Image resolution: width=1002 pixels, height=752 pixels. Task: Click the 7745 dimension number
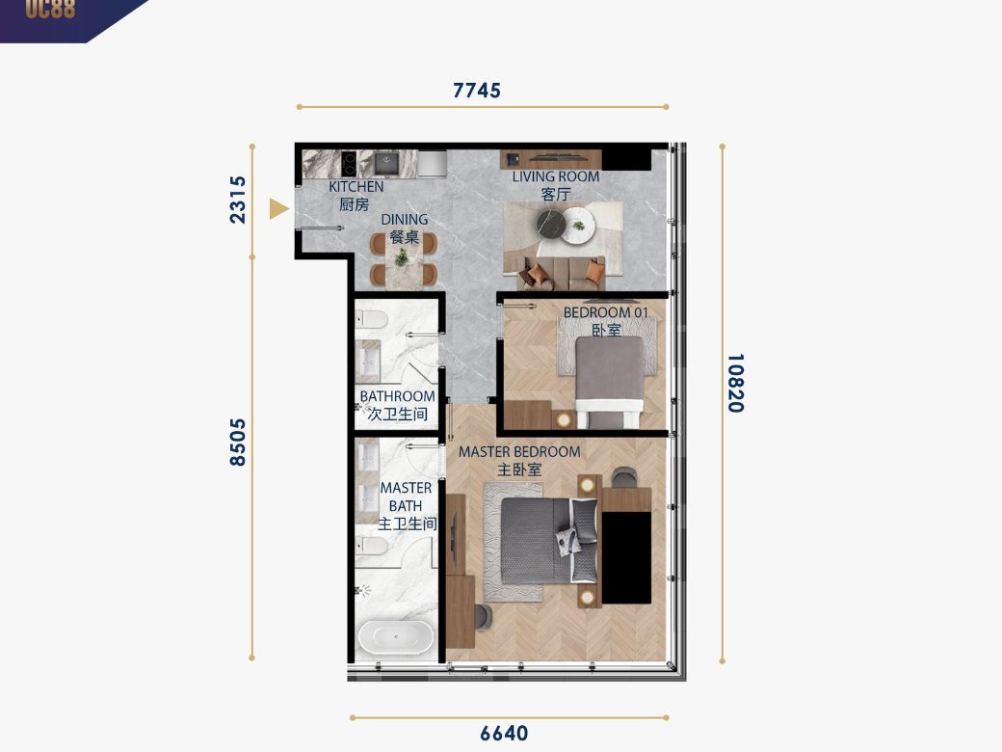coord(477,91)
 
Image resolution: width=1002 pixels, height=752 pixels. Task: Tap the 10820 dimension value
coord(735,383)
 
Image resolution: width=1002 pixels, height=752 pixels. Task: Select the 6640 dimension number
coord(504,733)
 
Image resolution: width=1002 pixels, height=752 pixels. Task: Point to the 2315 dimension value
coord(237,200)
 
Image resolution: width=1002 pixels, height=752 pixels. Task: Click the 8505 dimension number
coord(237,443)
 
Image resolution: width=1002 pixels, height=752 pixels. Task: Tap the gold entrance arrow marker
coord(278,208)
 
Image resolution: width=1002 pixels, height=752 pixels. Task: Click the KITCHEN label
coord(356,187)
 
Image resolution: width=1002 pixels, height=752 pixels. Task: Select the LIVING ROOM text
coord(556,176)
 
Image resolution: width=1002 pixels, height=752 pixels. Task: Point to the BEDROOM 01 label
coord(606,312)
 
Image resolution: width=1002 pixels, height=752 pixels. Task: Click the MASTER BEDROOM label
coord(519,451)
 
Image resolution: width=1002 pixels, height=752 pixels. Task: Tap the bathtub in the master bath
coord(396,636)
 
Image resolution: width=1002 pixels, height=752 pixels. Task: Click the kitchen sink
coord(386,164)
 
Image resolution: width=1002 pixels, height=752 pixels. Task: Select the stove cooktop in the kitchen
coord(349,164)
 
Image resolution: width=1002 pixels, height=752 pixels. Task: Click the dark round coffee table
coord(550,224)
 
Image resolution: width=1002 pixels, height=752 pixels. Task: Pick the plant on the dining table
coord(402,257)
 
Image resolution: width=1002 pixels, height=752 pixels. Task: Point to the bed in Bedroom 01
coord(610,382)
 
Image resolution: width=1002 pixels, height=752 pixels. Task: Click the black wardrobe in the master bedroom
coord(627,557)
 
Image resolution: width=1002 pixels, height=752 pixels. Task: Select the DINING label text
coord(405,220)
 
